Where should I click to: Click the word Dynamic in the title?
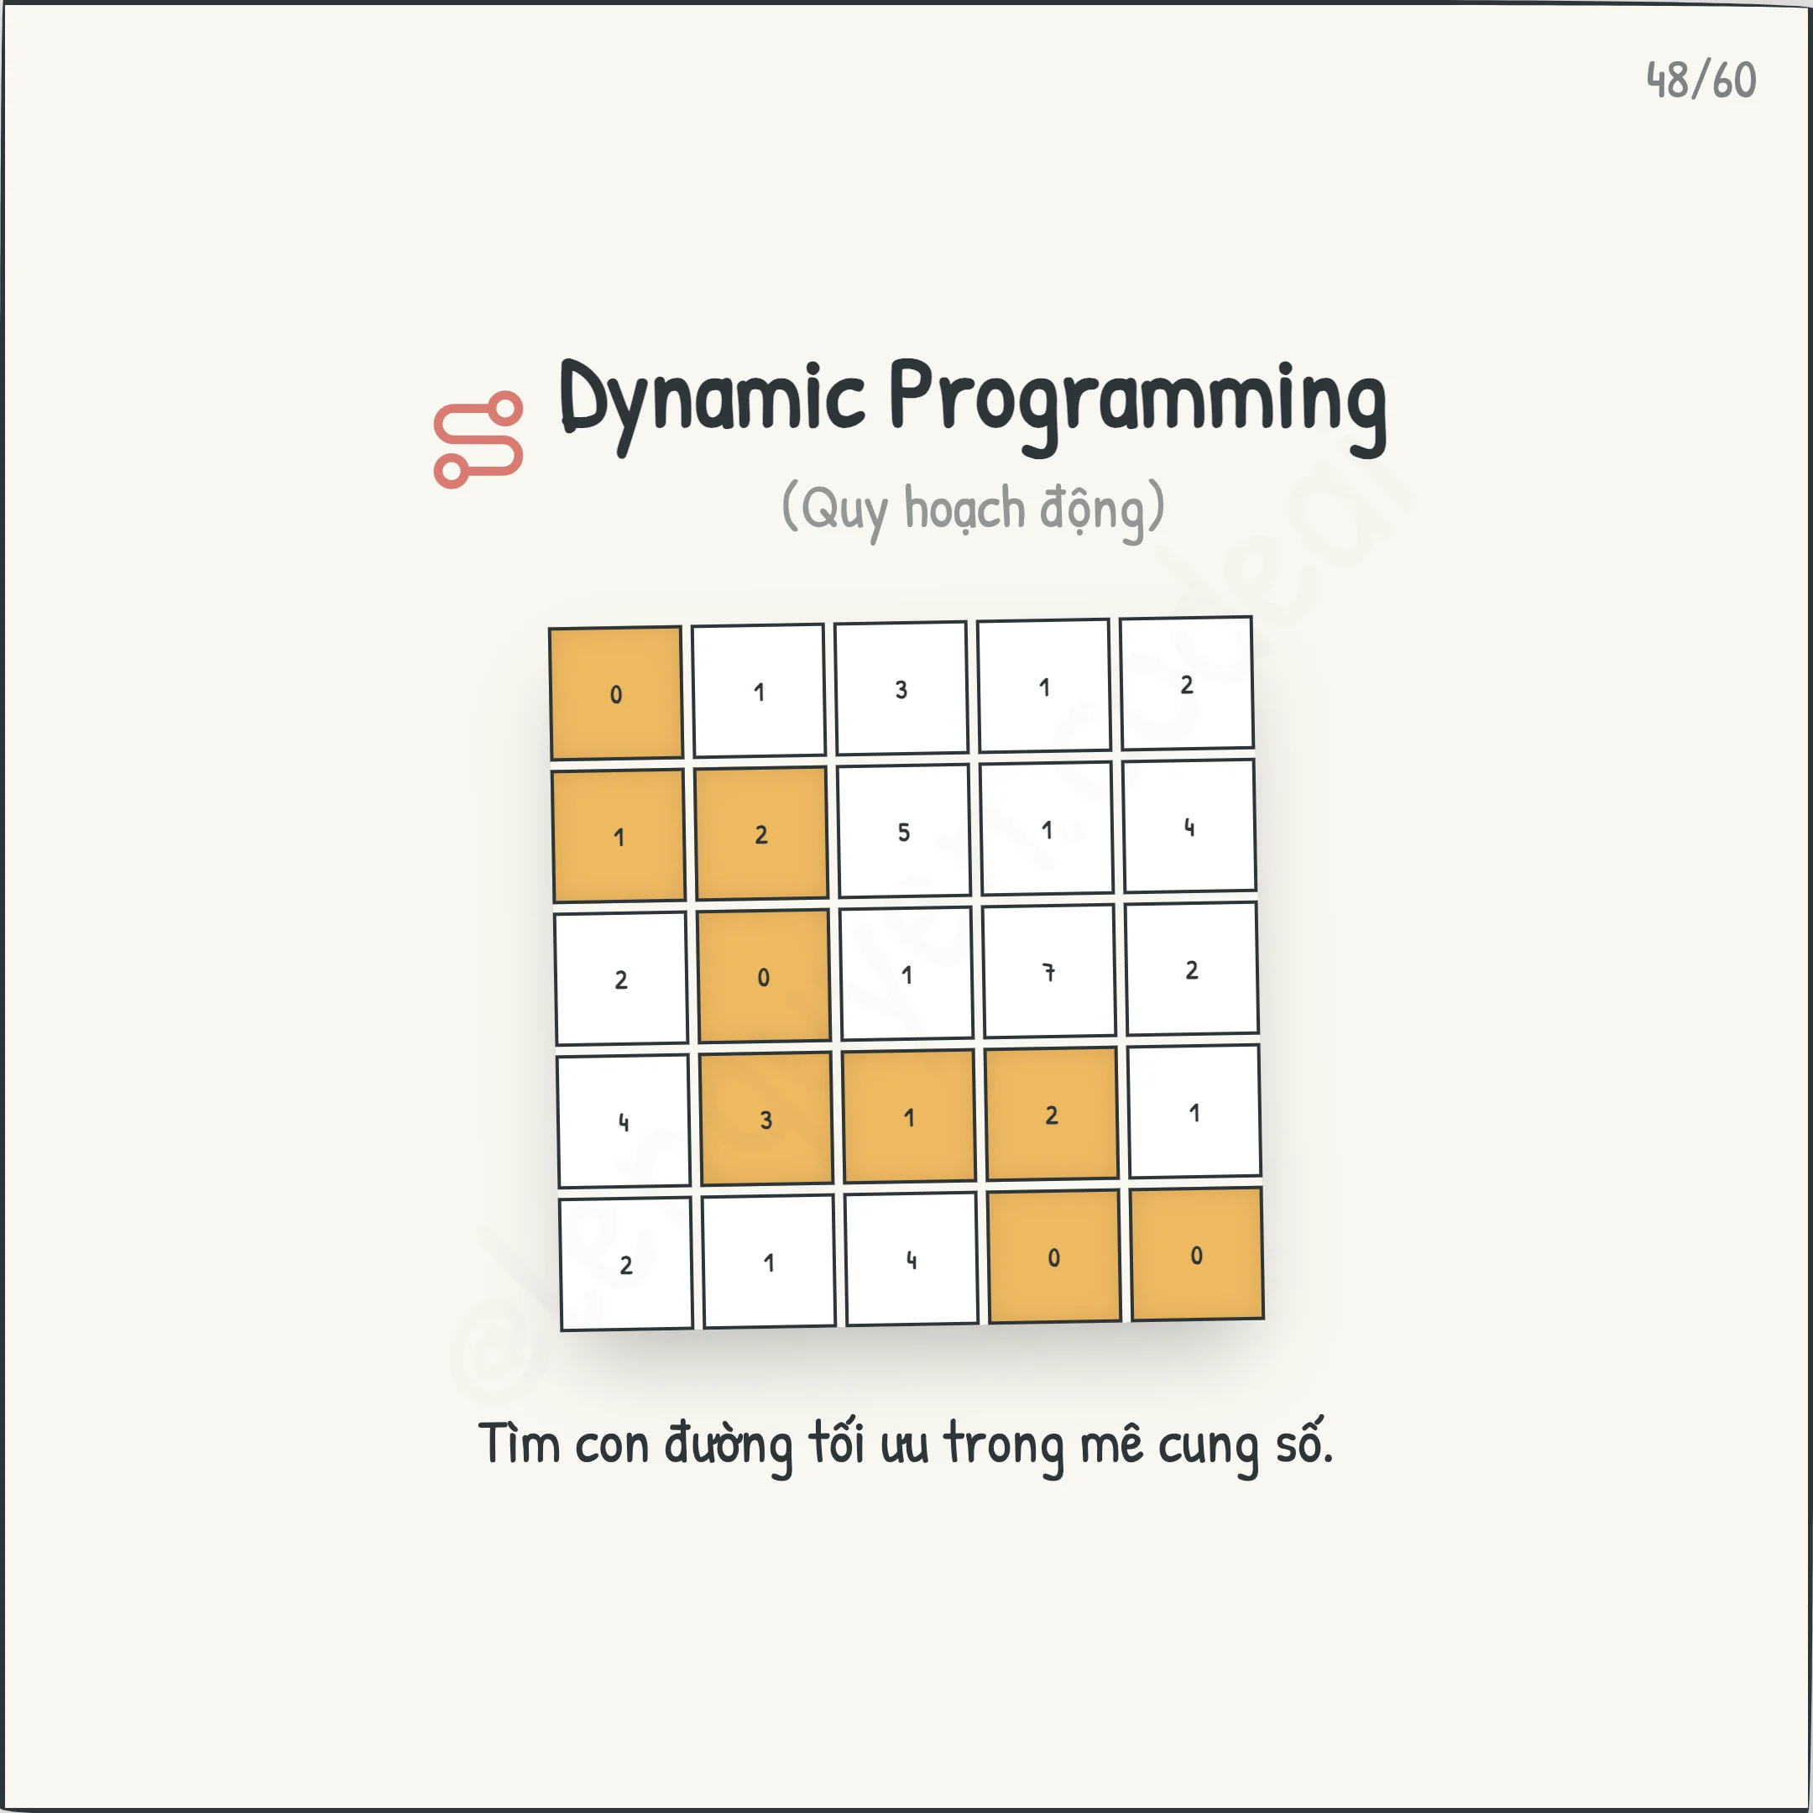pyautogui.click(x=711, y=402)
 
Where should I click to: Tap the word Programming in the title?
pyautogui.click(x=1137, y=405)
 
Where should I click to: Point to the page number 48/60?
pyautogui.click(x=1701, y=81)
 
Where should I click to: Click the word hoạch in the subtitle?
pyautogui.click(x=964, y=509)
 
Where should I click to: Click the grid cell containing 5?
pyautogui.click(x=904, y=830)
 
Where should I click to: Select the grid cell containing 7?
pyautogui.click(x=1048, y=972)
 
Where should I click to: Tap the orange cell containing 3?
pyautogui.click(x=765, y=1119)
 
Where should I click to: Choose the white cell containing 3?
pyautogui.click(x=901, y=688)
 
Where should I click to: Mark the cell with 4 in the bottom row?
pyautogui.click(x=912, y=1259)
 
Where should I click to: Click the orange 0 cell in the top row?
pyautogui.click(x=615, y=693)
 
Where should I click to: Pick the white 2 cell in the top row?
pyautogui.click(x=1186, y=684)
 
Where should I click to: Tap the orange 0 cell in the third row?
pyautogui.click(x=763, y=976)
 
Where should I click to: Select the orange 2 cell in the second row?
pyautogui.click(x=761, y=833)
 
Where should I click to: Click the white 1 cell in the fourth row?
pyautogui.click(x=1194, y=1112)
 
